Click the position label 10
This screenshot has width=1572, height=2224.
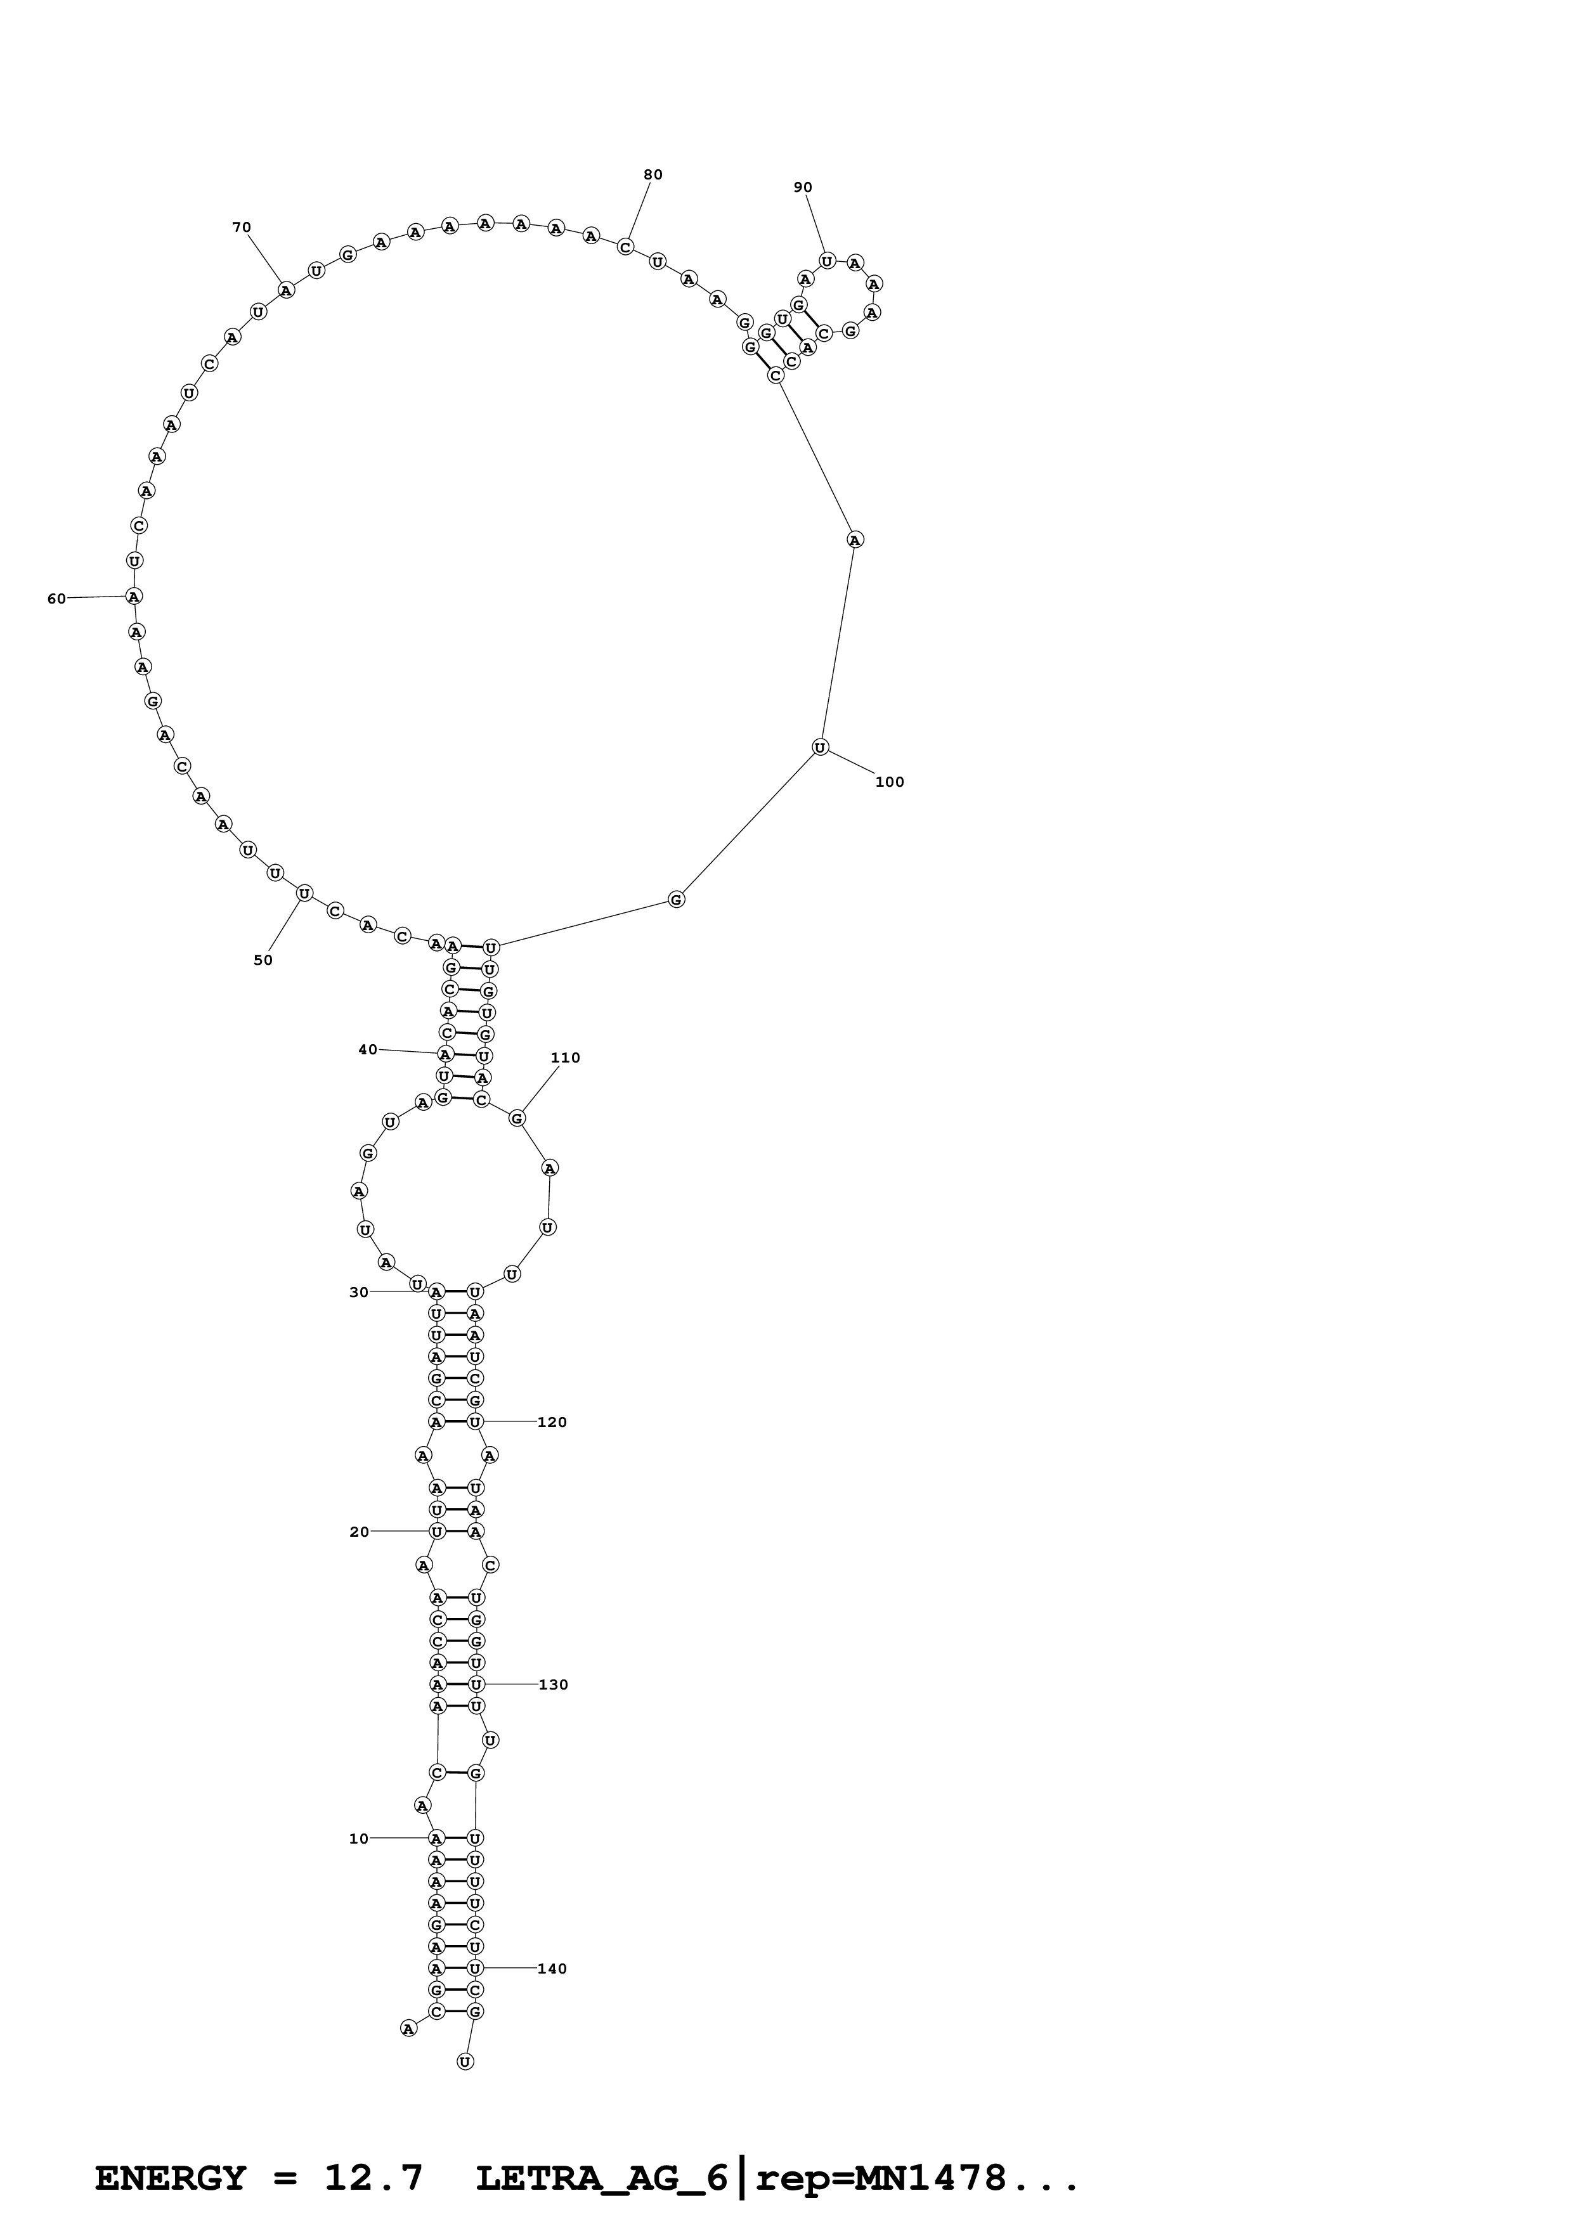tap(358, 1839)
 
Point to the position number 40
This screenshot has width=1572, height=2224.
tap(368, 1049)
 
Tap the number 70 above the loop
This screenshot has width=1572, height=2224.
tap(241, 228)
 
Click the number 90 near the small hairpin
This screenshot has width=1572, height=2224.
tap(803, 187)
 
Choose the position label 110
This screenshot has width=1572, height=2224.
tap(564, 1057)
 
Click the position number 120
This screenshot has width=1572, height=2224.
tap(552, 1422)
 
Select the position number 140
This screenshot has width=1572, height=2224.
tap(552, 1969)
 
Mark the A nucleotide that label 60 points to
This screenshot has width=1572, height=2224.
tap(134, 596)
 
